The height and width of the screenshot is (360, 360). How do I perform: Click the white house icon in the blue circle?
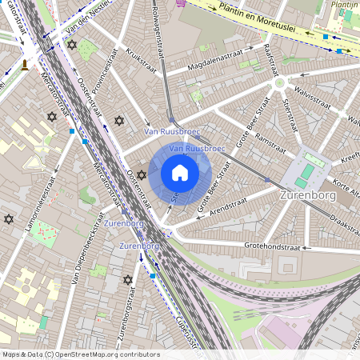pos(180,173)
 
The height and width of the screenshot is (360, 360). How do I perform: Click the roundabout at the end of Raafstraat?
pos(279,82)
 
